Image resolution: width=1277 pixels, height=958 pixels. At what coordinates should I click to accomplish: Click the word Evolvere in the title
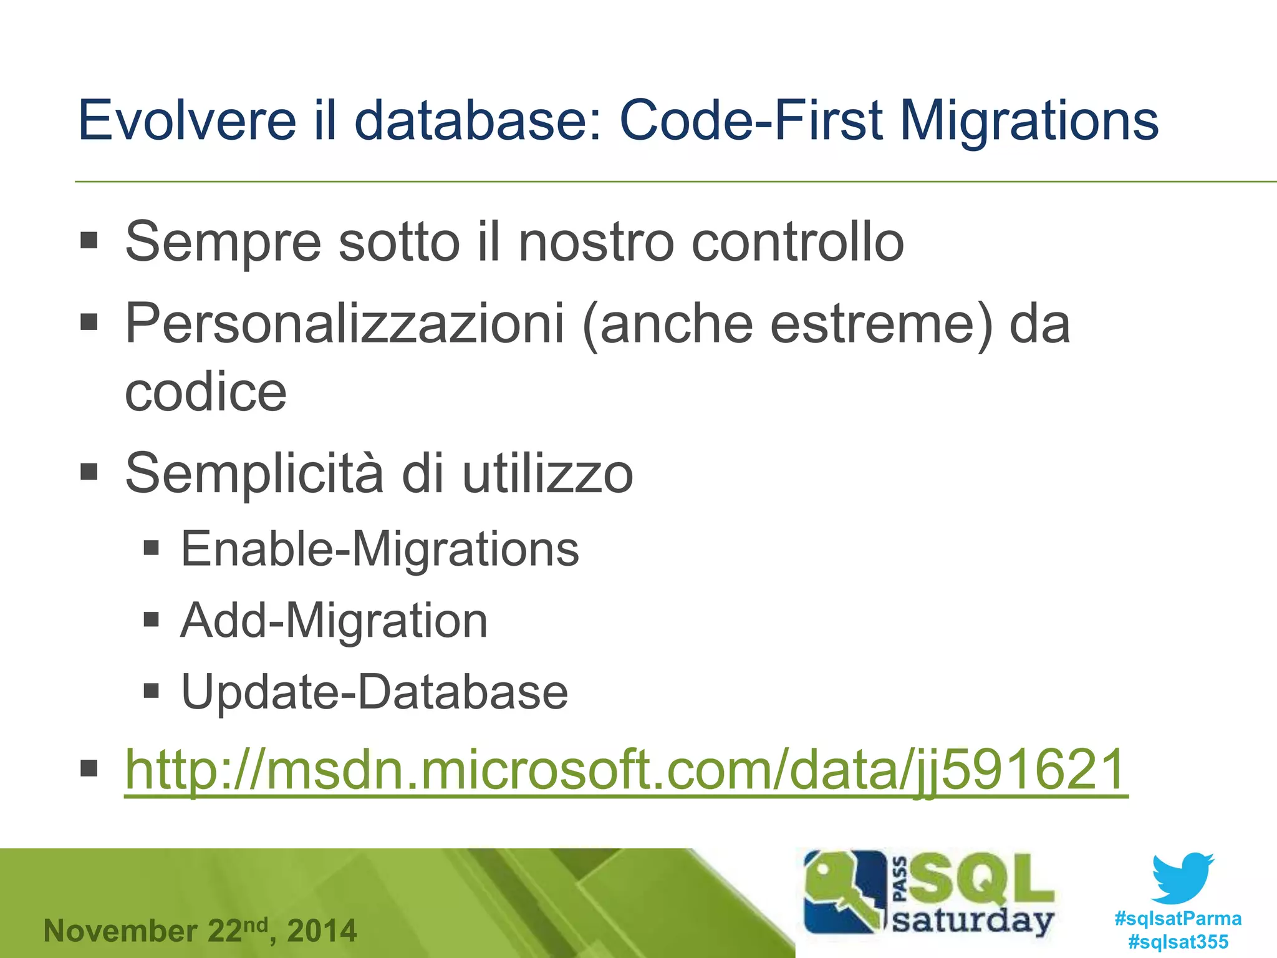point(187,120)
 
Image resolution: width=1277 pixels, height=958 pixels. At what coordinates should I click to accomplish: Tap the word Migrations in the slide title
point(1029,120)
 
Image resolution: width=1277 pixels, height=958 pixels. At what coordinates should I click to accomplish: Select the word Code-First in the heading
point(751,120)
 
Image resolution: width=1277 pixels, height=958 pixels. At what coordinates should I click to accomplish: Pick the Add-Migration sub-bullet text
point(334,622)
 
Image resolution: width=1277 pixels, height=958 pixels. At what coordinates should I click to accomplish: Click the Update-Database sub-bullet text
point(374,692)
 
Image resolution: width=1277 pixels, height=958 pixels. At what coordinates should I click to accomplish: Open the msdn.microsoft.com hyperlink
point(626,771)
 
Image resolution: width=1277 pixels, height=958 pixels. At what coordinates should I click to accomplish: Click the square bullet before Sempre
point(89,240)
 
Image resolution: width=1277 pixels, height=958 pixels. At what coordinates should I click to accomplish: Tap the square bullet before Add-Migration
point(152,619)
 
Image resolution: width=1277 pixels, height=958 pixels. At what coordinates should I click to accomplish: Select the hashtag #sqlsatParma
point(1177,919)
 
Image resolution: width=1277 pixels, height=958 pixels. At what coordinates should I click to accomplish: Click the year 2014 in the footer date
point(322,931)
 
